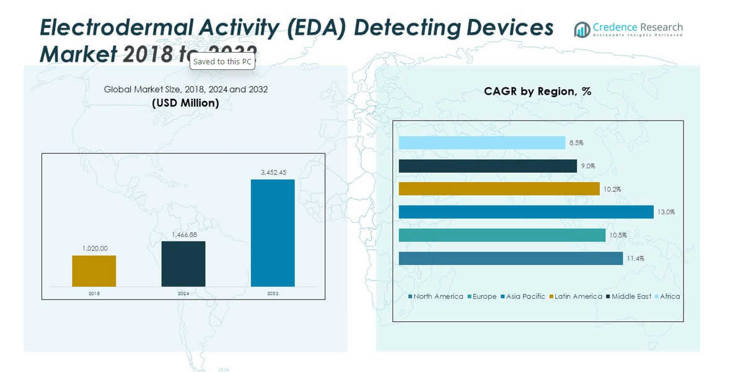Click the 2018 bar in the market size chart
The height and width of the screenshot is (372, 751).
[x=94, y=271]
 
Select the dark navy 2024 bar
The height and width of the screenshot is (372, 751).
[x=183, y=264]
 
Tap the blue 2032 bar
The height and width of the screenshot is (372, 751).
[x=273, y=233]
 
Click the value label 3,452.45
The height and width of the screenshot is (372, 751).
[x=273, y=173]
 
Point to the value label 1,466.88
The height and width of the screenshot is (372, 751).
[x=183, y=235]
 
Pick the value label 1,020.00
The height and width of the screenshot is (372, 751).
[x=94, y=249]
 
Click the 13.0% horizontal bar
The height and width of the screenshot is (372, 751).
[x=526, y=212]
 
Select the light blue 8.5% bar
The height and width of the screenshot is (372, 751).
[x=481, y=143]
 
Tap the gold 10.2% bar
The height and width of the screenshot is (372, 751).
[x=499, y=189]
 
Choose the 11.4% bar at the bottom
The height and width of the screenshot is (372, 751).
[x=511, y=258]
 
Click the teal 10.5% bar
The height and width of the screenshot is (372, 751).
[x=502, y=235]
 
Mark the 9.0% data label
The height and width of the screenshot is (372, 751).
[x=588, y=166]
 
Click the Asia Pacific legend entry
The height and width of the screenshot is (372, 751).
[x=525, y=296]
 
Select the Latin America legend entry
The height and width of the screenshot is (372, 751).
[x=578, y=296]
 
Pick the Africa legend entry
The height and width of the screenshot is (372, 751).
[x=669, y=296]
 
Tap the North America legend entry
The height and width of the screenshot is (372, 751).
[x=437, y=296]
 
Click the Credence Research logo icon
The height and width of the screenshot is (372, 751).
[x=582, y=30]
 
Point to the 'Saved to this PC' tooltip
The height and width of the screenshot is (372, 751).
[x=222, y=61]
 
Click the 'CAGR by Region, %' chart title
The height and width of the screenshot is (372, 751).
[x=537, y=92]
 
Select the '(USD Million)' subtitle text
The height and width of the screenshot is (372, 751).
[x=185, y=103]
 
